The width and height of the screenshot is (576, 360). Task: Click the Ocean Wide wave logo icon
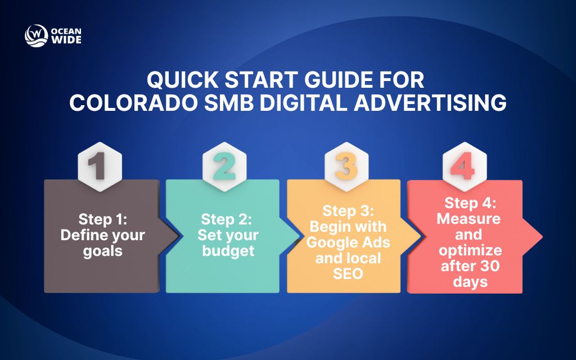click(x=35, y=35)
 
